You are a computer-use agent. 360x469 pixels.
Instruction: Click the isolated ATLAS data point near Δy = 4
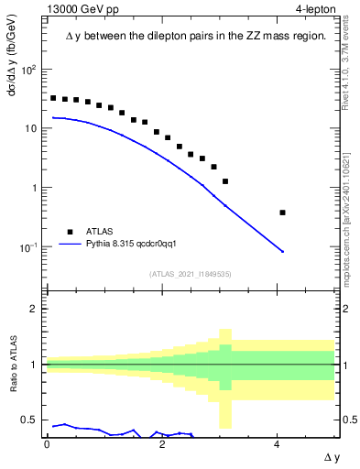[282, 213]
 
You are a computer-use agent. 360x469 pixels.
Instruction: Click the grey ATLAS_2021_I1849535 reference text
[191, 273]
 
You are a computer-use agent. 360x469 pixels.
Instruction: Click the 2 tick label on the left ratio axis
[32, 309]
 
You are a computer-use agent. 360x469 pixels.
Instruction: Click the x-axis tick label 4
[277, 443]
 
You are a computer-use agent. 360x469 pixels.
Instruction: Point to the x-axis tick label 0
[47, 443]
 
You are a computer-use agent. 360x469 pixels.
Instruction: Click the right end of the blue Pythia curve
[282, 252]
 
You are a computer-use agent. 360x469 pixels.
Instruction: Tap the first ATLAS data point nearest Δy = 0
[53, 98]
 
